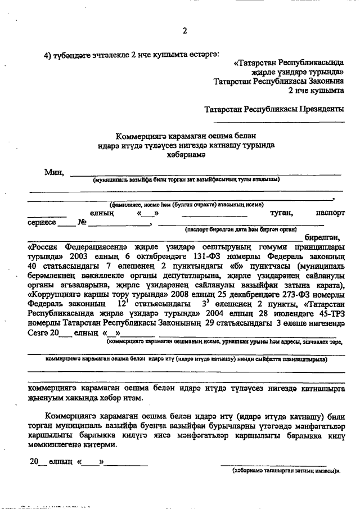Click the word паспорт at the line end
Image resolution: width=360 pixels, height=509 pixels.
click(x=330, y=213)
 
